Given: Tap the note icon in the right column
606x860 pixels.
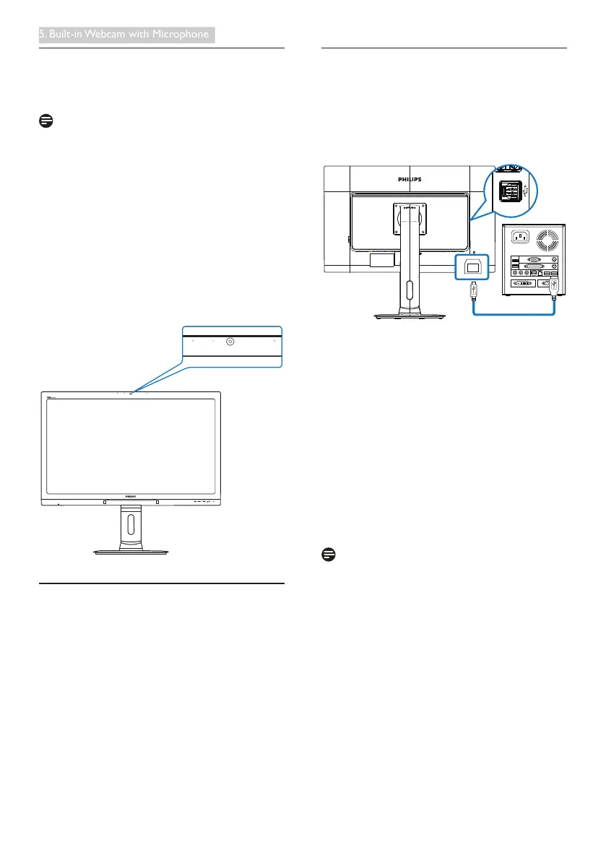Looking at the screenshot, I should tap(328, 555).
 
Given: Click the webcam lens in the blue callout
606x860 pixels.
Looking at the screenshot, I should tap(230, 342).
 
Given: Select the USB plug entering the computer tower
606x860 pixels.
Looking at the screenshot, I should tap(553, 286).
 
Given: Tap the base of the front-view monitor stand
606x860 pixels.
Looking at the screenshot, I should tap(131, 552).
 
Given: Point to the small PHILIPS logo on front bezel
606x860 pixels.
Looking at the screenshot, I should tap(130, 497).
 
